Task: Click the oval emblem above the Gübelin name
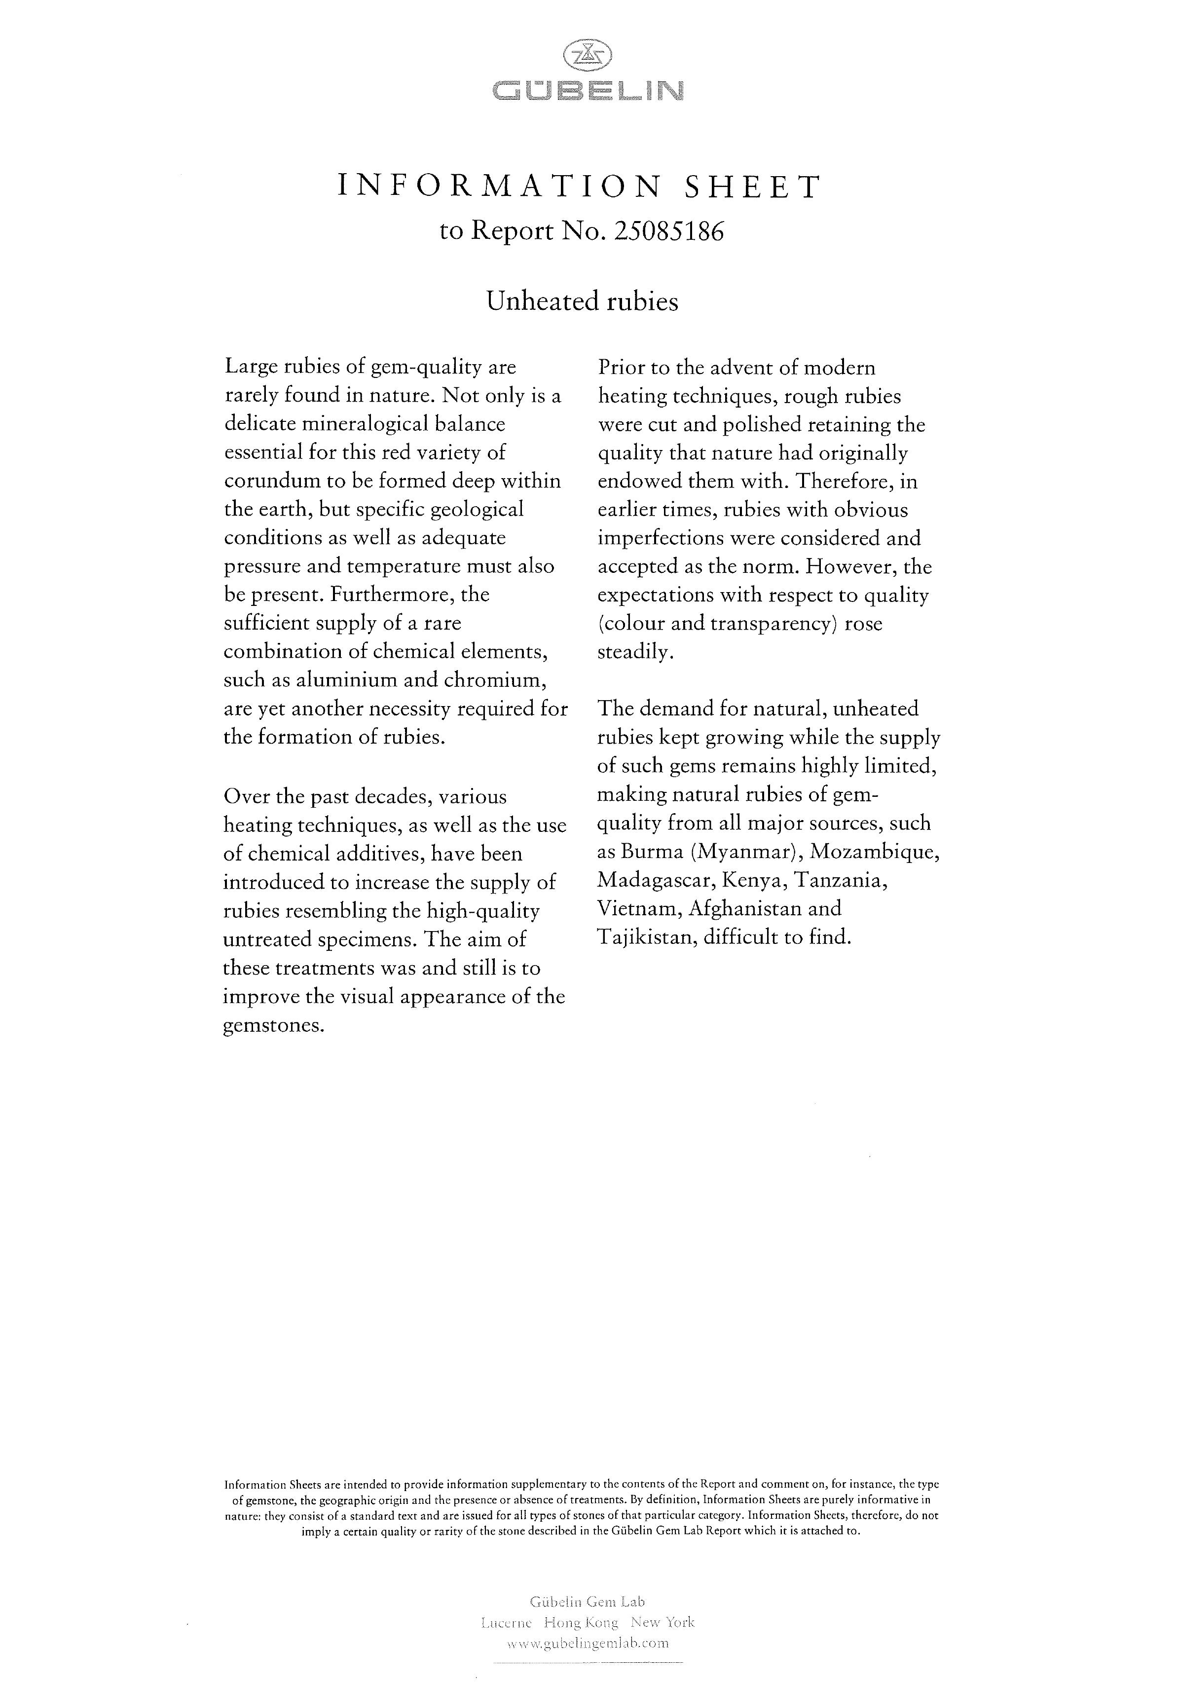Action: pos(587,55)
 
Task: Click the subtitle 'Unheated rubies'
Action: pos(583,301)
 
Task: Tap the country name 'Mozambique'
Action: pos(875,852)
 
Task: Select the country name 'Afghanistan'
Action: pos(745,909)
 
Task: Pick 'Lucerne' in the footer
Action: pos(506,1622)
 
